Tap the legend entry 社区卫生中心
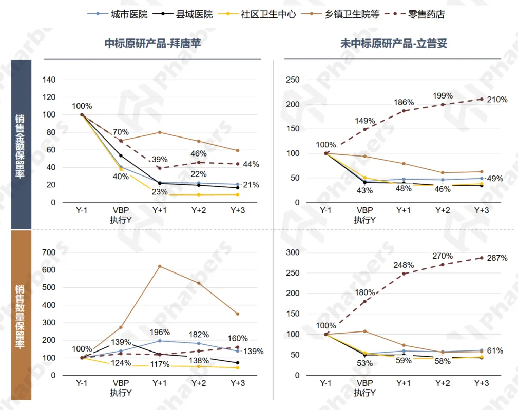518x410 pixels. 268,14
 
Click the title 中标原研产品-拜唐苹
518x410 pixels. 152,44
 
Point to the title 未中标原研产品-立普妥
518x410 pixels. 394,44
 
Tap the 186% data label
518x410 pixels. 404,103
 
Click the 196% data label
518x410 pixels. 160,333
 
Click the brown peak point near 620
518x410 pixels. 160,266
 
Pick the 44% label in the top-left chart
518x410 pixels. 251,164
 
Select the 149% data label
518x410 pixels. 365,121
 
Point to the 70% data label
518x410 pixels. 121,132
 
